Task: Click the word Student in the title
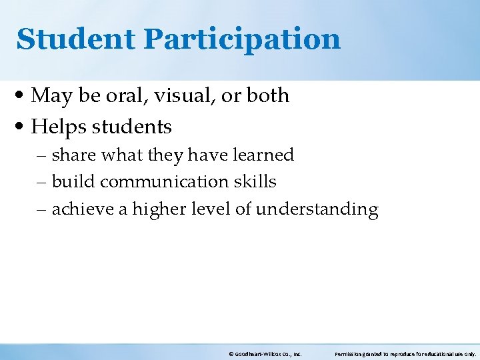(75, 39)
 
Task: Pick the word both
(267, 96)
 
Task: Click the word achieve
(82, 209)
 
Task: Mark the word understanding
(317, 210)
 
